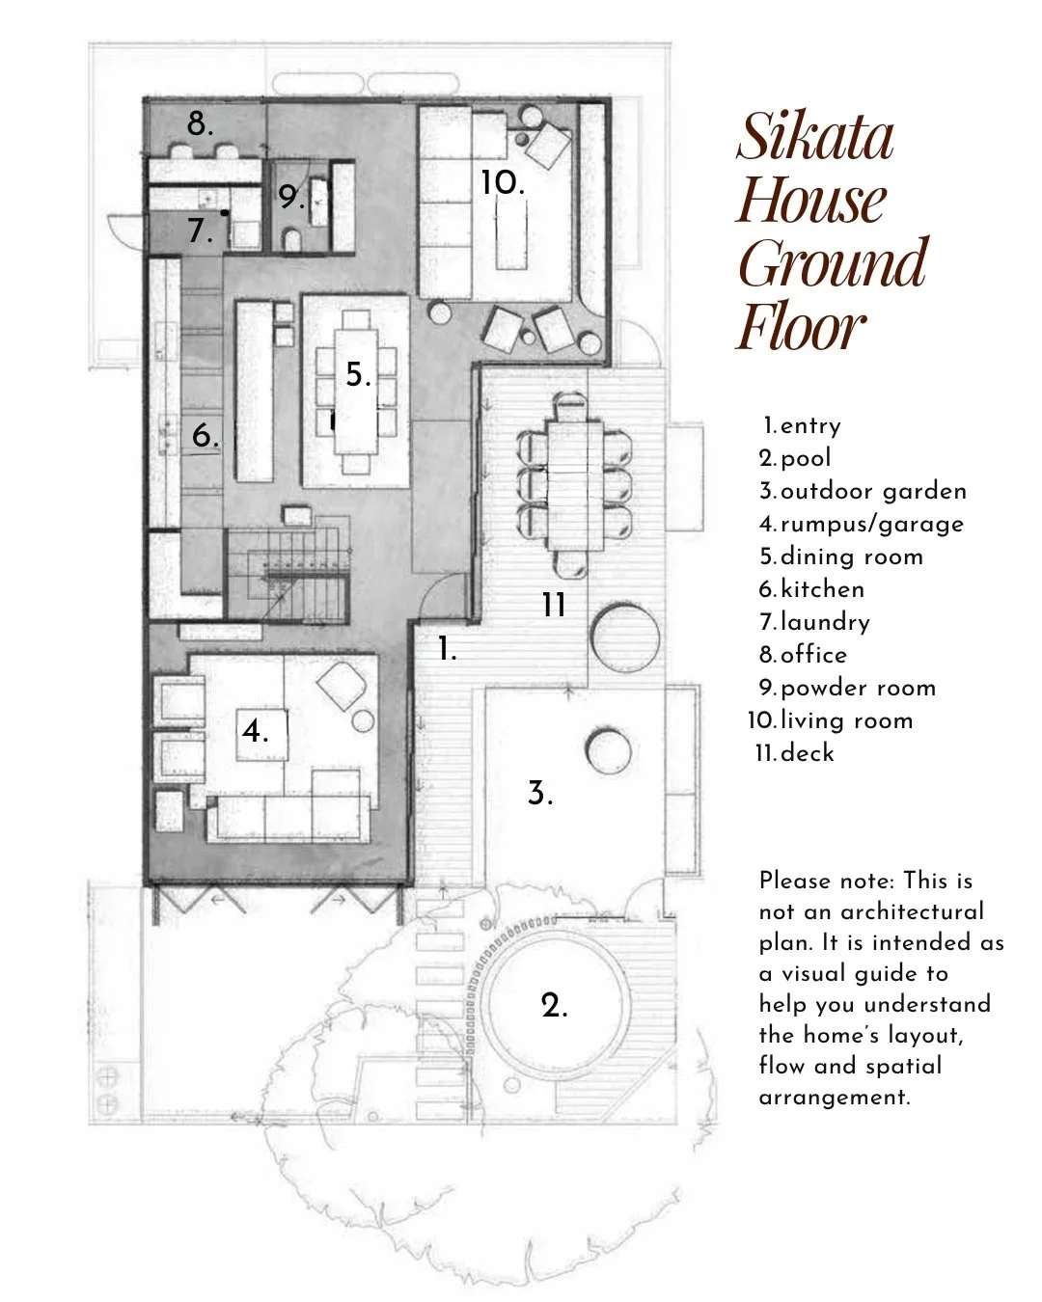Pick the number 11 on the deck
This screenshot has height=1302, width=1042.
554,605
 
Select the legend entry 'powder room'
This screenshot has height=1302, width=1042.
858,688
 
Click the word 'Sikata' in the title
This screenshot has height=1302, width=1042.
815,136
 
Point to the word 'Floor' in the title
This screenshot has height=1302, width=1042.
801,327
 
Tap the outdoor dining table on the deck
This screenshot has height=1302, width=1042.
575,486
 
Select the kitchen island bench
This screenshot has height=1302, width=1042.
254,391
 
